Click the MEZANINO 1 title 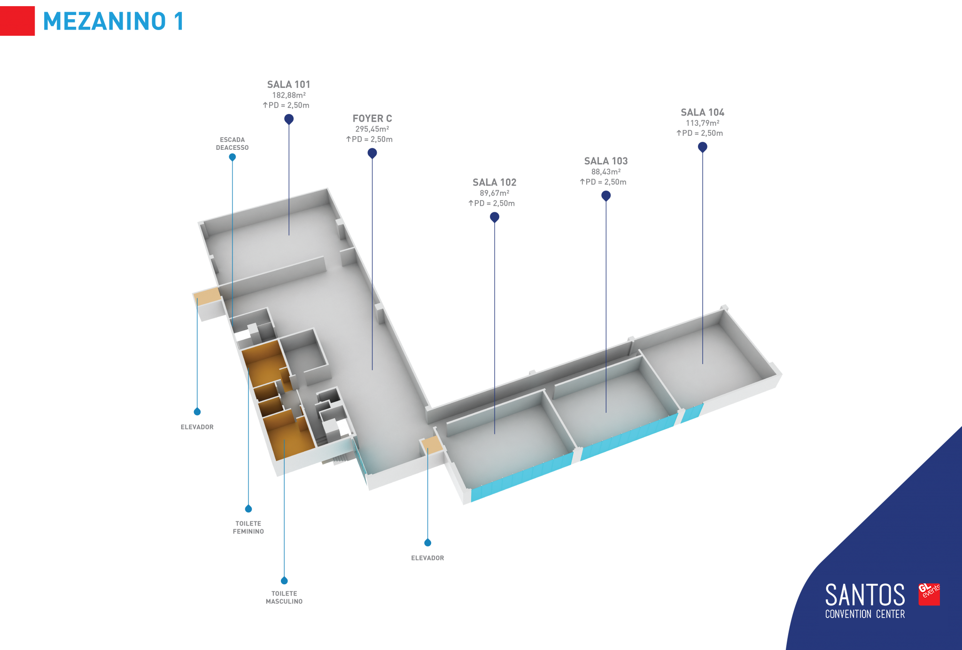tap(113, 21)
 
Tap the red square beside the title tap(17, 21)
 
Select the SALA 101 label tap(288, 85)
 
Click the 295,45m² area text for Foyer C tap(372, 129)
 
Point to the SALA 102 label tap(494, 182)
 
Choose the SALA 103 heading tap(606, 161)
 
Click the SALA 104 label tap(702, 112)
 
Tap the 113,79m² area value tap(702, 123)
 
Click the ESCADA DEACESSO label tap(232, 144)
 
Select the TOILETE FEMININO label tap(248, 527)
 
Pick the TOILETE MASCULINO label tap(284, 597)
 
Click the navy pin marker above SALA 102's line tap(494, 217)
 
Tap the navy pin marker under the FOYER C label tap(372, 153)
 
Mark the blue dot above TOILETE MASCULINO tap(284, 580)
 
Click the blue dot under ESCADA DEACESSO tap(232, 157)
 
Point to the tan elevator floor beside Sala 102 tap(432, 444)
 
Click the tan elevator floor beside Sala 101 tap(207, 296)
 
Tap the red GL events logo tap(929, 594)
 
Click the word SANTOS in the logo tap(865, 595)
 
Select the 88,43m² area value tap(606, 172)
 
